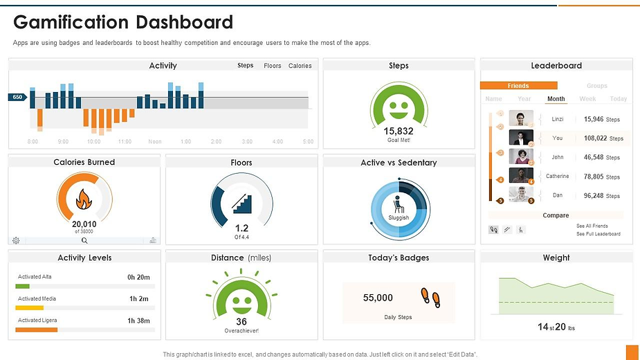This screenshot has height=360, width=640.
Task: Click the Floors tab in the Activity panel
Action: [273, 66]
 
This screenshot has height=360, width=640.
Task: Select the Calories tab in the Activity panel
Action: [300, 66]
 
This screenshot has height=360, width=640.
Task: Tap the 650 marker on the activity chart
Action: [18, 98]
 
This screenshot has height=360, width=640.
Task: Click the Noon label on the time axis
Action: [155, 141]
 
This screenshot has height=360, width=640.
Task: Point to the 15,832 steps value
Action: [399, 131]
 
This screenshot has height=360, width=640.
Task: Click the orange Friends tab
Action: [518, 86]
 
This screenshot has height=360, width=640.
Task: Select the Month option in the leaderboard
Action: [556, 99]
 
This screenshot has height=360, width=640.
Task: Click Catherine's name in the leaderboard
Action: [558, 177]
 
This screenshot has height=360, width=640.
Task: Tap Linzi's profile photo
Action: [521, 118]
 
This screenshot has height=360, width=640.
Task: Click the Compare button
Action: [556, 215]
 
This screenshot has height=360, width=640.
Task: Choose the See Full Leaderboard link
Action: [598, 234]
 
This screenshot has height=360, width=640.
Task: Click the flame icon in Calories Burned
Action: [84, 200]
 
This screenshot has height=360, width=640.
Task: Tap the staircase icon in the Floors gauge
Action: [241, 202]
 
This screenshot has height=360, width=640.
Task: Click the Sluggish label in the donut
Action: [399, 217]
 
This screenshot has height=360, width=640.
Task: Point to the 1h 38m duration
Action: [140, 321]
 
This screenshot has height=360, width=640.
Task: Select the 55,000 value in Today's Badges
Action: [378, 298]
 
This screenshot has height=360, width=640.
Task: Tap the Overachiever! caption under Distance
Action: [241, 331]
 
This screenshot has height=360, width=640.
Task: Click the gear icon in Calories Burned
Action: [16, 240]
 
